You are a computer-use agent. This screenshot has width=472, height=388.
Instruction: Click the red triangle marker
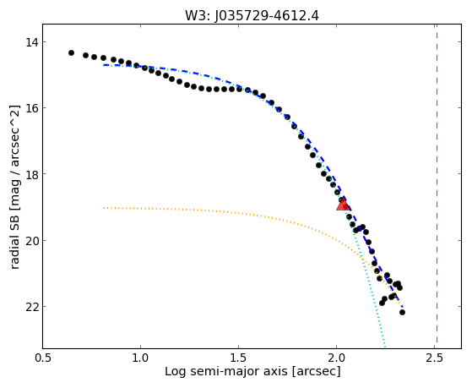[x=343, y=204]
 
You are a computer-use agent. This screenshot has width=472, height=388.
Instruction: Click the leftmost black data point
[x=71, y=52]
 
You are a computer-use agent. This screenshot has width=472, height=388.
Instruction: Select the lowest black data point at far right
[x=402, y=312]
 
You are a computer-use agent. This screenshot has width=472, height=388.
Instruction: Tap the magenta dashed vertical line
[x=437, y=186]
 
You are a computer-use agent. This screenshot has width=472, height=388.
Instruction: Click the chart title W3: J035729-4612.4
[x=252, y=15]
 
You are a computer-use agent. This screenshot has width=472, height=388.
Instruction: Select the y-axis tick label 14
[x=32, y=42]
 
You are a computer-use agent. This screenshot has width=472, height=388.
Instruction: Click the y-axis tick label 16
[x=32, y=108]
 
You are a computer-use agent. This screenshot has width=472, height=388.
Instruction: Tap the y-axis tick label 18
[x=32, y=174]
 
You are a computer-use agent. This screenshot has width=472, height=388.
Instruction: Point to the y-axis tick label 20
[x=32, y=241]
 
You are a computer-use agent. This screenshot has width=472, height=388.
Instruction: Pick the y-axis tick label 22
[x=32, y=307]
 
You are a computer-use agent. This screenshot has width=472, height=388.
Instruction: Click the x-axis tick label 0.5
[x=42, y=358]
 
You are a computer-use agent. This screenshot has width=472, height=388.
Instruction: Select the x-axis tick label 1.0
[x=140, y=358]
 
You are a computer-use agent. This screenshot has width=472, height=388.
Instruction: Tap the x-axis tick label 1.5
[x=238, y=358]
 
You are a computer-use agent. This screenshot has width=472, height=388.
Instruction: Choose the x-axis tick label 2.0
[x=337, y=358]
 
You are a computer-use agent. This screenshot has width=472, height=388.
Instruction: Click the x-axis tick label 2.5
[x=435, y=358]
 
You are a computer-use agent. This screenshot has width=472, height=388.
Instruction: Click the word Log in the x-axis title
[x=174, y=371]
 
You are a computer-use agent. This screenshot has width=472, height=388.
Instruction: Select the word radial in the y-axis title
[x=14, y=254]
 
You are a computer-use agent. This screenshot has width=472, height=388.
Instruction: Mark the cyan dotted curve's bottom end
[x=384, y=347]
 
